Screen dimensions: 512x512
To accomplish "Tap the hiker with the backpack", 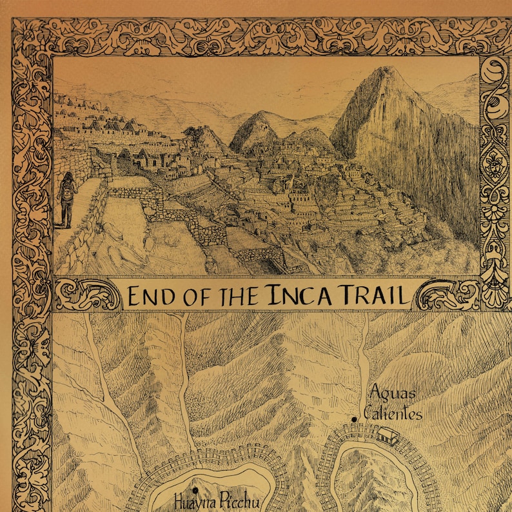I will click(x=67, y=199).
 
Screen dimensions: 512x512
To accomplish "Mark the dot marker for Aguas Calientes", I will click(x=354, y=420).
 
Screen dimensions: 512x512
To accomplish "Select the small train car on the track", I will click(x=388, y=436).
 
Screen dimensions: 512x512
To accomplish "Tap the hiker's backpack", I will click(x=64, y=191).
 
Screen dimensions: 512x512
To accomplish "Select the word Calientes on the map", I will click(x=393, y=413).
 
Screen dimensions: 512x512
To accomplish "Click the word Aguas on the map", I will click(x=392, y=393).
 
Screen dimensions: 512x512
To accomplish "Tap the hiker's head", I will click(x=68, y=176).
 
